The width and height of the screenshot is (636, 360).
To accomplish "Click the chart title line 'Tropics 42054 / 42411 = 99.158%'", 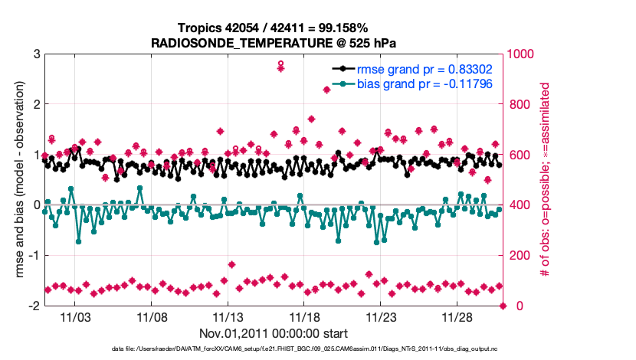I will pos(274,28).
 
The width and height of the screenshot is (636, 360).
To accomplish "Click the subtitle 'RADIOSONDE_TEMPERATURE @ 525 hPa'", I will pos(274,43).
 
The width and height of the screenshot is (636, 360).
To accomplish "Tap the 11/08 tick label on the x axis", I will pos(152,316).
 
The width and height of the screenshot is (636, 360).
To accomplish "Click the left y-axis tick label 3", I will pos(36,54).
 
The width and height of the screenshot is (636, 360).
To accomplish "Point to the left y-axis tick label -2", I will pos(34,306).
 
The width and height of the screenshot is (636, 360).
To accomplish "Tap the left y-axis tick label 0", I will pos(36,205).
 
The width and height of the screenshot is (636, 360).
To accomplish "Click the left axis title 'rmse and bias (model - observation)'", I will pos(17,180).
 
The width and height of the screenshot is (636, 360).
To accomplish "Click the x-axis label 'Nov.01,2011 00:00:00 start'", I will pos(274,334).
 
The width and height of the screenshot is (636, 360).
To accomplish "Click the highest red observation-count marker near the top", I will pos(281,67).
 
